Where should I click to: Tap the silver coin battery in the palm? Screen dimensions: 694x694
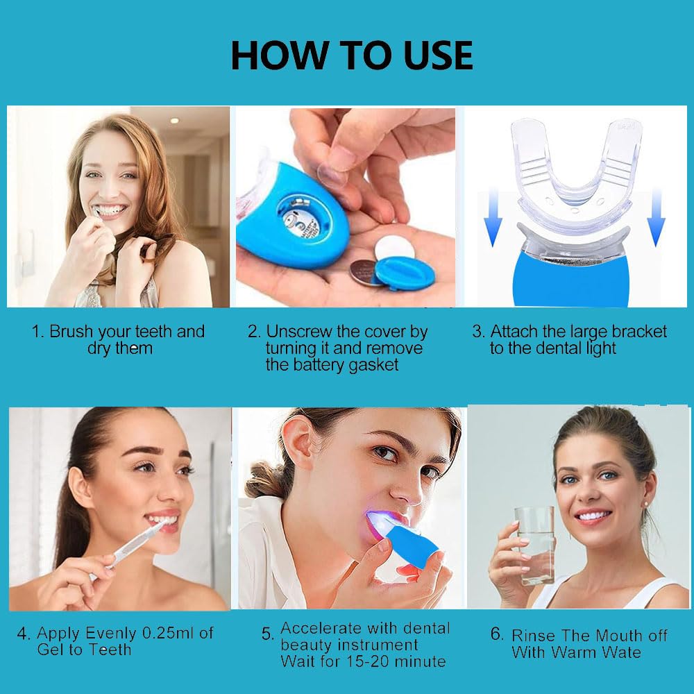(364, 272)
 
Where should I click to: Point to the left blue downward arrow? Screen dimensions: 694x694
(493, 217)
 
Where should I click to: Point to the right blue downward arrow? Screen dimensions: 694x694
(657, 217)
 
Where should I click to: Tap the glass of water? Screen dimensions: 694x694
(534, 545)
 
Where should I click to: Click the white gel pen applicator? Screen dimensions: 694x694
(128, 550)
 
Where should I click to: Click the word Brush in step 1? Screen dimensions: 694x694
(71, 332)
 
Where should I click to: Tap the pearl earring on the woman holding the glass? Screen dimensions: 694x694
(648, 504)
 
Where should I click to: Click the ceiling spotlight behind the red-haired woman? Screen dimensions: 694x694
(174, 120)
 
